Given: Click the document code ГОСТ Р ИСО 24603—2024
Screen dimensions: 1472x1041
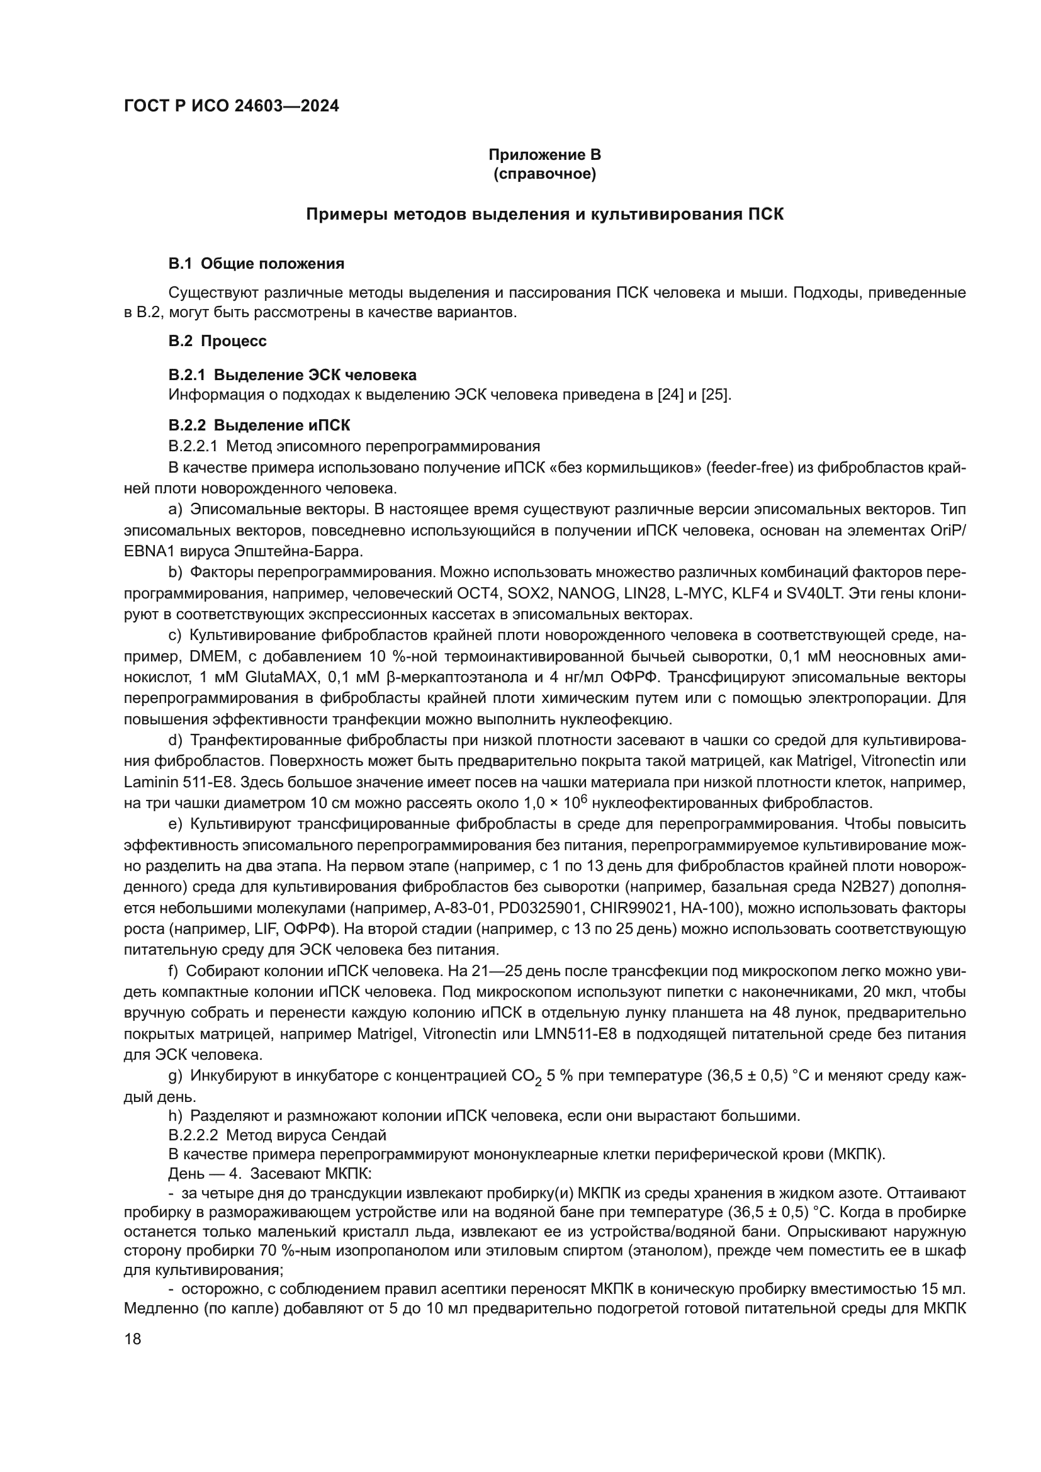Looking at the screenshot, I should tap(232, 106).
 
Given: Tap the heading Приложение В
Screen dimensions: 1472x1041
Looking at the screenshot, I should tap(544, 155).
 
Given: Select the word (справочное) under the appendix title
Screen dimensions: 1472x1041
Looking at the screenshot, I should tap(544, 174).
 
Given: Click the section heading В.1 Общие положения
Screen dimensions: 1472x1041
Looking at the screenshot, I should tap(256, 264).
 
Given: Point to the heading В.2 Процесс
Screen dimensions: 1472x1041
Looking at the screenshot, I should tap(217, 341).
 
